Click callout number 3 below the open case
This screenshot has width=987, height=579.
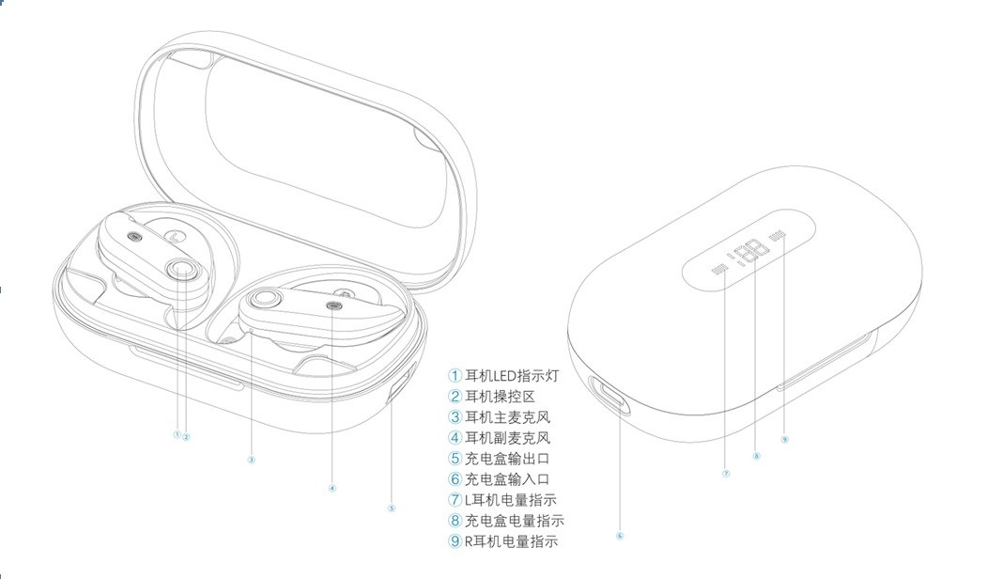pyautogui.click(x=251, y=460)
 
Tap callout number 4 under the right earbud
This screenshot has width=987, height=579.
pyautogui.click(x=332, y=488)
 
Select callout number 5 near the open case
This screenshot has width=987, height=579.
pyautogui.click(x=392, y=508)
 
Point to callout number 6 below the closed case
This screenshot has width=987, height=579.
pyautogui.click(x=620, y=536)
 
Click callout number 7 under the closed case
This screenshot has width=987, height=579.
pyautogui.click(x=726, y=473)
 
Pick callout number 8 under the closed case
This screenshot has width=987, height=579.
pyautogui.click(x=756, y=456)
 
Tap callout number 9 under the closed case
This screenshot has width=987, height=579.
pyautogui.click(x=784, y=439)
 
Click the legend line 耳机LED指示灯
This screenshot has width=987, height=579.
pyautogui.click(x=511, y=376)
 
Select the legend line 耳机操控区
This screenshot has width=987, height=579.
pyautogui.click(x=500, y=397)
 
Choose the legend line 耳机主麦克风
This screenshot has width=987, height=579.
pyautogui.click(x=507, y=417)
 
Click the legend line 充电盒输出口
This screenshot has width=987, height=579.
pyautogui.click(x=507, y=459)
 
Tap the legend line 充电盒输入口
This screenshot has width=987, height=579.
pyautogui.click(x=507, y=479)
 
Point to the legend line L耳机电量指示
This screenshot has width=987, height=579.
pyautogui.click(x=511, y=500)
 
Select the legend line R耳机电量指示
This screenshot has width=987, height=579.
pyautogui.click(x=511, y=541)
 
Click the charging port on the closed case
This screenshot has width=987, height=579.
pyautogui.click(x=609, y=395)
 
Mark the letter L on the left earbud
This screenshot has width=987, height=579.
pyautogui.click(x=175, y=237)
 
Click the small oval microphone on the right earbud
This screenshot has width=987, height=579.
pyautogui.click(x=334, y=306)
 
